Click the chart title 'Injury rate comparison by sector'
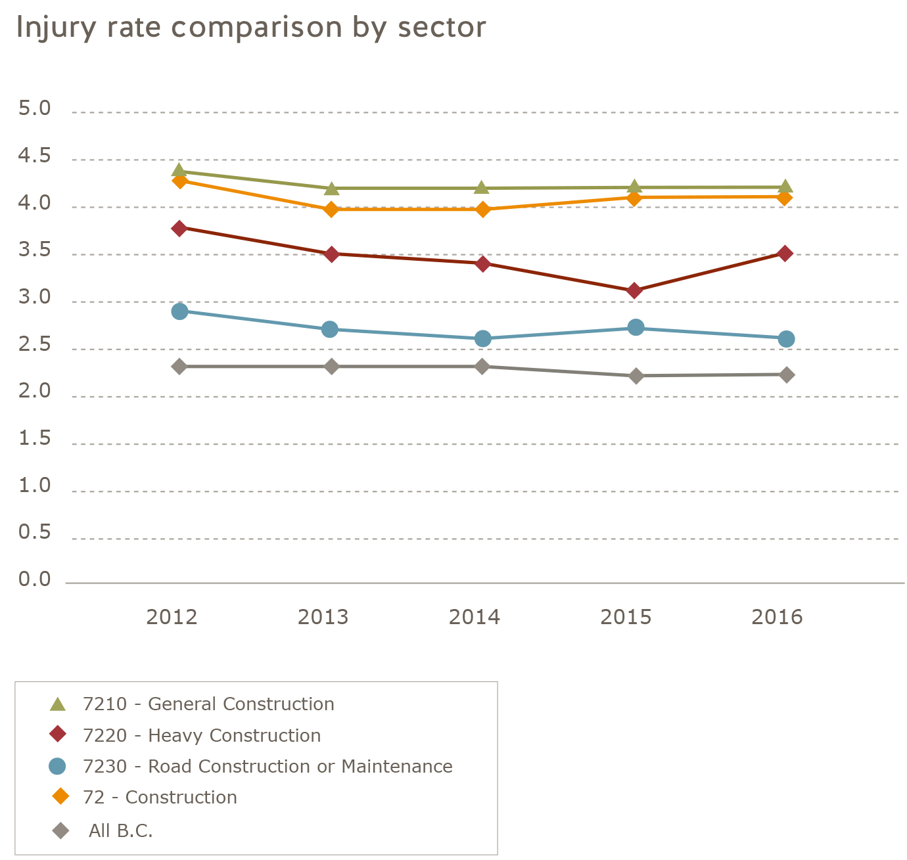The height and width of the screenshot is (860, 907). (251, 28)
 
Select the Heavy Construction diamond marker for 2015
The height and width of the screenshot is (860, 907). (634, 290)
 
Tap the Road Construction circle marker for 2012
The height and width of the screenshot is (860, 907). (179, 311)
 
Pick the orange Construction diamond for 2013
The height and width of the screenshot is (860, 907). (331, 210)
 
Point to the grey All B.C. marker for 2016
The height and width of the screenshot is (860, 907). (786, 375)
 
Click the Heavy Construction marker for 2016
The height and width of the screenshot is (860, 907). (785, 254)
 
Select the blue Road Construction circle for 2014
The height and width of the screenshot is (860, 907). (483, 339)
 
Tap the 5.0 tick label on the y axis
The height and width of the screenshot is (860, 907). (35, 108)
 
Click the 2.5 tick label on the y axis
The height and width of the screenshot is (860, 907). (35, 345)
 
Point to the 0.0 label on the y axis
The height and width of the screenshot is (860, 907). (35, 579)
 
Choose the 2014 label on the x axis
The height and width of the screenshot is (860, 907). (475, 618)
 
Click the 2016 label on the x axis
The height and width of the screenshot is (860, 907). (778, 618)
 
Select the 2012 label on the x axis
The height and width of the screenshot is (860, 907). (172, 618)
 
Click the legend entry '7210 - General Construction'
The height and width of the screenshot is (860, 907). (208, 704)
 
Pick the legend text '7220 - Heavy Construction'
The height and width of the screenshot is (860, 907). (202, 736)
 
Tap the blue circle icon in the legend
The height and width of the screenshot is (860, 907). (58, 766)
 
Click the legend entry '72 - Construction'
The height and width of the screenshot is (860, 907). (160, 798)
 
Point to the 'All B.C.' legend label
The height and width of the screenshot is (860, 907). (120, 831)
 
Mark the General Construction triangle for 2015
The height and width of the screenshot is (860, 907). (634, 187)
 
